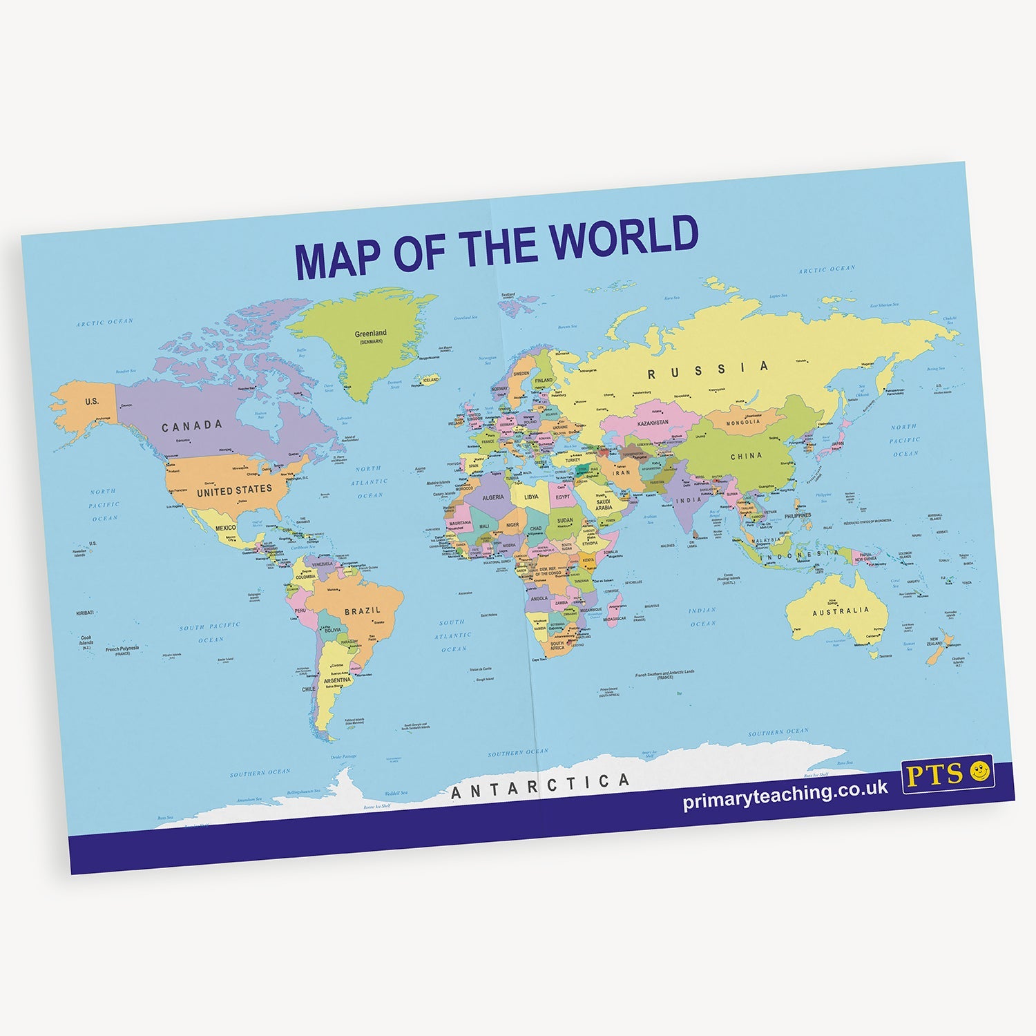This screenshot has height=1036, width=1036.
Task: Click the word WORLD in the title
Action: (x=624, y=237)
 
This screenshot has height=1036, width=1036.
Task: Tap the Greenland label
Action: (x=370, y=334)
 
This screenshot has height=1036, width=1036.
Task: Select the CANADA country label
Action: (x=192, y=426)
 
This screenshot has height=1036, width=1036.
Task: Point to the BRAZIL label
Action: (x=363, y=611)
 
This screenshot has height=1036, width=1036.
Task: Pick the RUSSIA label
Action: (x=707, y=370)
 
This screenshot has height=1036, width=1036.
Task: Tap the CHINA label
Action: (x=746, y=457)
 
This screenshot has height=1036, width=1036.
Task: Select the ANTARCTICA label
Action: (x=540, y=786)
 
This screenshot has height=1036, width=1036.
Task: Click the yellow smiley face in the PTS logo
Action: (x=979, y=771)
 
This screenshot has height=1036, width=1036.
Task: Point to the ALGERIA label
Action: (x=492, y=497)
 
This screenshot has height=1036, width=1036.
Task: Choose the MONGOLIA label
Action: (x=743, y=422)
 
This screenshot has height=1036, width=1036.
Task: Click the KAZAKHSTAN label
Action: (x=653, y=423)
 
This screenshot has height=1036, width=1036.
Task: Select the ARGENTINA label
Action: (x=337, y=680)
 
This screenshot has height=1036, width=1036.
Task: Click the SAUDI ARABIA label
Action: (x=604, y=505)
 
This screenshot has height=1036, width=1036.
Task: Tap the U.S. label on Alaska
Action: (x=92, y=401)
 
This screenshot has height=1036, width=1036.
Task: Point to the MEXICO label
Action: (x=225, y=528)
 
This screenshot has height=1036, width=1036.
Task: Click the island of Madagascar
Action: (x=613, y=610)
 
